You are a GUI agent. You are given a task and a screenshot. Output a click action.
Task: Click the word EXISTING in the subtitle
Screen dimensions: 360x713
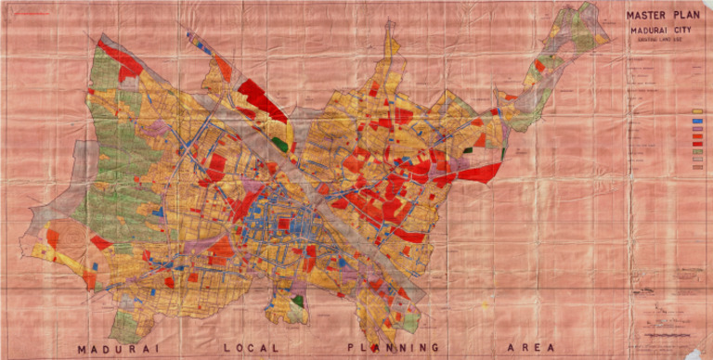coord(649,39)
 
